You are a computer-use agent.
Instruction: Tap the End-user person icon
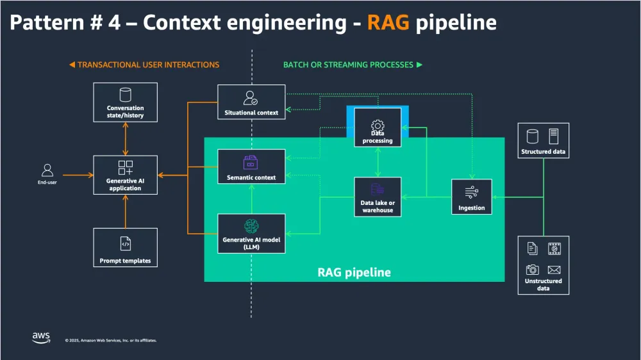click(47, 170)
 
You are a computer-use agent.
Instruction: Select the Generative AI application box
click(125, 175)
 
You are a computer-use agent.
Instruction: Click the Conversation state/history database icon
click(125, 94)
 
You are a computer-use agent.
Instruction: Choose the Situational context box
click(251, 102)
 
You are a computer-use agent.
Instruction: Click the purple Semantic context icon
click(251, 162)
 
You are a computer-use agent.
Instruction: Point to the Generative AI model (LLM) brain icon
click(251, 225)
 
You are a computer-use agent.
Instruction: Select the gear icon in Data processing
click(378, 124)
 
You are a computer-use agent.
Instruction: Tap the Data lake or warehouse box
click(378, 196)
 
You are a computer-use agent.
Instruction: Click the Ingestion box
click(471, 196)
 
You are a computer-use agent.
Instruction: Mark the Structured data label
click(543, 152)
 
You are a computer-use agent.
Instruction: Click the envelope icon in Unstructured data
click(554, 270)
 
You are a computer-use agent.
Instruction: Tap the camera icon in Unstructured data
click(533, 270)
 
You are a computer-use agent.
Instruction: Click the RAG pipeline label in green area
click(354, 272)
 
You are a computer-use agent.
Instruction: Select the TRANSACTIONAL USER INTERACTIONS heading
click(144, 65)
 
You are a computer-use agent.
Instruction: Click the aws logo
click(42, 337)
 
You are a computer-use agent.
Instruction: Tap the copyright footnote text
click(110, 340)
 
